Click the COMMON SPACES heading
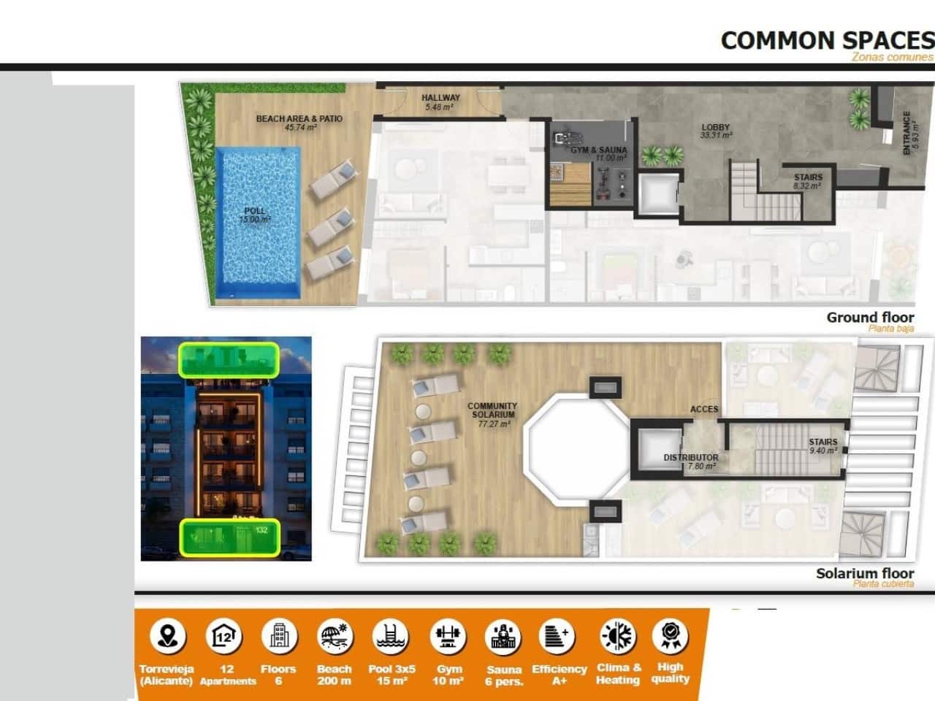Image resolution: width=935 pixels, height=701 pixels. pos(827,40)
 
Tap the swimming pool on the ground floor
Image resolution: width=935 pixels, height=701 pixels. pos(258,223)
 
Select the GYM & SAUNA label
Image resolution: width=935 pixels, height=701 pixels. pos(598,153)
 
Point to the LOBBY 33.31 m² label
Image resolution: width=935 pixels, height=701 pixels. pos(715,131)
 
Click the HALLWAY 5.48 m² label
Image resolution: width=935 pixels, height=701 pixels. pos(440,102)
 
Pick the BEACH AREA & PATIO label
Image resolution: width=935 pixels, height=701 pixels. pos(299,122)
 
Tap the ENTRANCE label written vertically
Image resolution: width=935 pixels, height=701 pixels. pos(908,133)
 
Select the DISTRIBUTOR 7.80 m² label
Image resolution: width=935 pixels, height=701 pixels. pos(690,461)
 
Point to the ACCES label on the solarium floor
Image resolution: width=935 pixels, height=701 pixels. pos(704,409)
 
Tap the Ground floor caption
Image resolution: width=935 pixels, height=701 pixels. pos(870,318)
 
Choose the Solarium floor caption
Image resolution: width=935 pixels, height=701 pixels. pos(865,573)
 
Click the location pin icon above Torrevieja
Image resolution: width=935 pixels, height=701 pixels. pos(167,636)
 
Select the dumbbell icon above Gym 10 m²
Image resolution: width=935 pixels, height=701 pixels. pos(449,636)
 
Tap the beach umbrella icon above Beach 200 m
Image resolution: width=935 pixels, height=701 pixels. pos(335,636)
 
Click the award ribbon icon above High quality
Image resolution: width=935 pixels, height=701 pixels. pos(670,635)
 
